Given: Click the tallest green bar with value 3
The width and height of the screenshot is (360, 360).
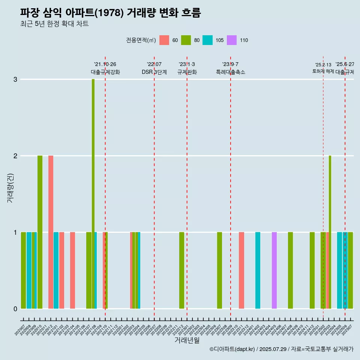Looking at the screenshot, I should click(93, 193).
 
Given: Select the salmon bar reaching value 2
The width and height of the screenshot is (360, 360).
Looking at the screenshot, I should click(51, 232).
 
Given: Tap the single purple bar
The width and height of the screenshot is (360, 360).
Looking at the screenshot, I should click(274, 270).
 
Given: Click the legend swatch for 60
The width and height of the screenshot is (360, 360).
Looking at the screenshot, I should click(164, 40).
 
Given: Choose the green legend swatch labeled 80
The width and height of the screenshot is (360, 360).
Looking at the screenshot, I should click(186, 40).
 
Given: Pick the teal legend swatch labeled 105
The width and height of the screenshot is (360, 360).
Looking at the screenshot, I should click(207, 40).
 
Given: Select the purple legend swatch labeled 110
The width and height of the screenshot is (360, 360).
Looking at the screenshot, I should click(232, 40).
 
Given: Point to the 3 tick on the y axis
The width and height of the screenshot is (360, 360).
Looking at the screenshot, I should click(15, 79).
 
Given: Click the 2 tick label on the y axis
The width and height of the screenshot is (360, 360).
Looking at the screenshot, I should click(15, 156).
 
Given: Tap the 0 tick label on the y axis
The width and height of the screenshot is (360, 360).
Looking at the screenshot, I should click(15, 309).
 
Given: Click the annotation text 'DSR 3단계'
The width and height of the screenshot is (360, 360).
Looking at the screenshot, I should click(154, 72).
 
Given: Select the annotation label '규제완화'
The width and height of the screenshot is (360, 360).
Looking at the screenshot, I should click(187, 72).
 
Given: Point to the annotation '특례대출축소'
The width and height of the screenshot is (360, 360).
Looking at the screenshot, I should click(230, 72).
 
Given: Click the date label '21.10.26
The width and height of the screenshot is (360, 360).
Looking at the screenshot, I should click(105, 64).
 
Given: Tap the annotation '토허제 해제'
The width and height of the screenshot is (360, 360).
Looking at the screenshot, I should click(323, 71).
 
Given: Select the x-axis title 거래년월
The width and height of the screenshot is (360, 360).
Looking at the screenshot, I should click(187, 340).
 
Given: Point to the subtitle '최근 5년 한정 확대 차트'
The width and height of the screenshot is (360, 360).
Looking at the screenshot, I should click(54, 24).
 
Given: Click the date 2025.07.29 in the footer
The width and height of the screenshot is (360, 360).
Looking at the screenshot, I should click(273, 349).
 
